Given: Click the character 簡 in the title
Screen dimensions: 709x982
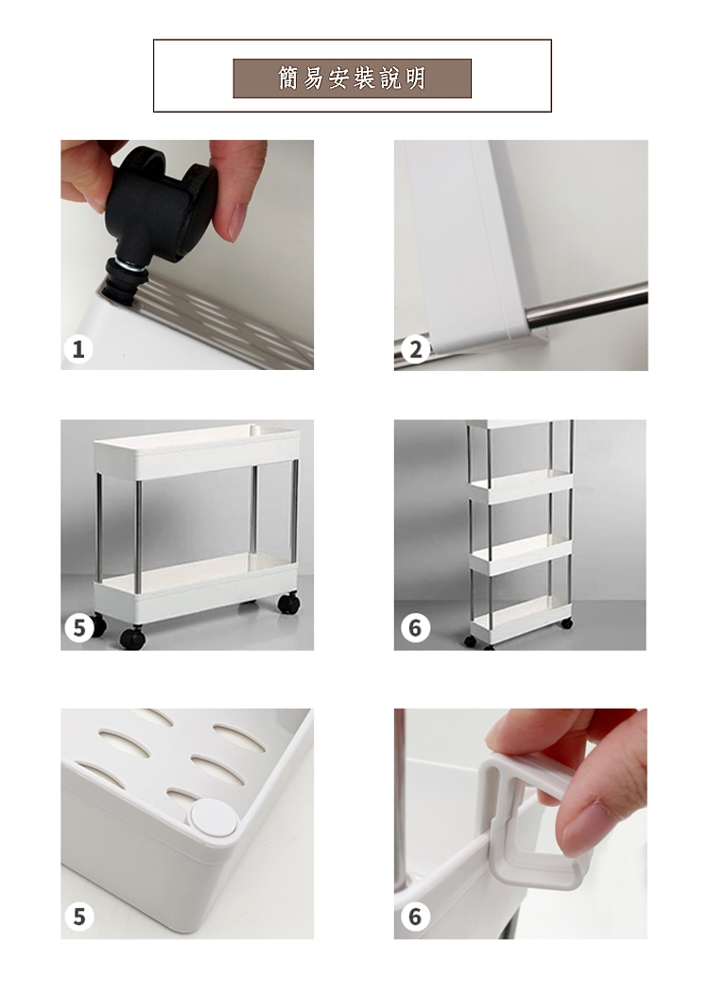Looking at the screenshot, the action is tap(289, 79).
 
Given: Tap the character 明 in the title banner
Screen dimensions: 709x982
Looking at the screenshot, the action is tap(415, 79).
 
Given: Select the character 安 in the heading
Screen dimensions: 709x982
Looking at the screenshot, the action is tap(339, 79).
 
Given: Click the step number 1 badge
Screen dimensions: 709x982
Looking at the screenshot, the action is tap(78, 349).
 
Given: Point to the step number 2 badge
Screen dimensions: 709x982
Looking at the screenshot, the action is tap(415, 349).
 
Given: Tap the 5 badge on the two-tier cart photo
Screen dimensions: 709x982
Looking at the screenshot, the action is tap(78, 627).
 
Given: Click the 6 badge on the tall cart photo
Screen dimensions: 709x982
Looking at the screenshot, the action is tap(415, 627).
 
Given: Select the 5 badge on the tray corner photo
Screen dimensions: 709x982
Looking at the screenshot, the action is tap(78, 916).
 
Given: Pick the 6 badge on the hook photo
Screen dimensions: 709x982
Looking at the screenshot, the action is tap(415, 916).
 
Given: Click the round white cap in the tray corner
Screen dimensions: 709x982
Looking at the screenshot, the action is tap(213, 818).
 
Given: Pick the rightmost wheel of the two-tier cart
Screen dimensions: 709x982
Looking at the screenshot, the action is tap(288, 603).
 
